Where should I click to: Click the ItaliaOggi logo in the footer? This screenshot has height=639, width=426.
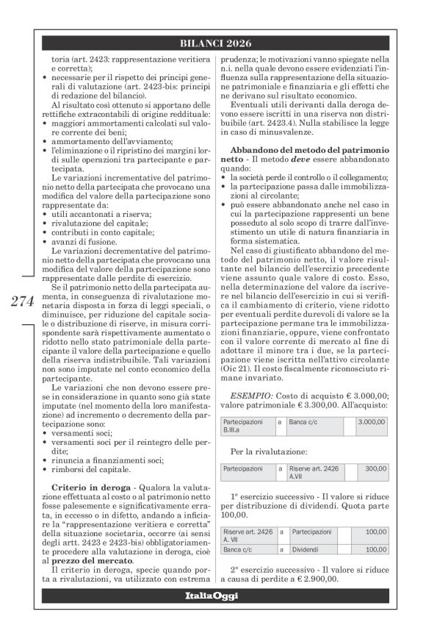(214, 595)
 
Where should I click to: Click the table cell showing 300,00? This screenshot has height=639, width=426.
(375, 468)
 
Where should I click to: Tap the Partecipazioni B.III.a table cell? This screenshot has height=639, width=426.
(243, 426)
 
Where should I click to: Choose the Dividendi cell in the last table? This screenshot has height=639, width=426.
(307, 549)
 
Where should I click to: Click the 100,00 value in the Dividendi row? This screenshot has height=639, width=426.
(375, 549)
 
